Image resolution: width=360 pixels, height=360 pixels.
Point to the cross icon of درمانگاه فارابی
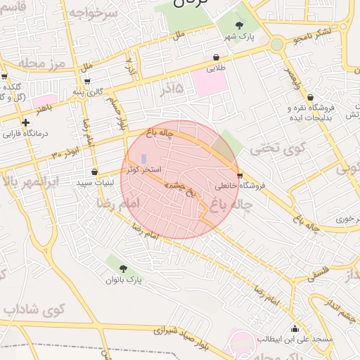(26, 122)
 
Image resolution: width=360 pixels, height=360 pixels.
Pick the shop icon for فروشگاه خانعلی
(240, 175)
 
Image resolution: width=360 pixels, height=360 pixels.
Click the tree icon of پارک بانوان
(124, 269)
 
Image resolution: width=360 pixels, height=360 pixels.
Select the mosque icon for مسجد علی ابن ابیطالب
(294, 329)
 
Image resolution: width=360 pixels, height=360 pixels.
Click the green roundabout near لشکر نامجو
(276, 44)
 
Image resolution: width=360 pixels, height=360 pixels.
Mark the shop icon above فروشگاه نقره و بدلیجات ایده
(311, 98)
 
